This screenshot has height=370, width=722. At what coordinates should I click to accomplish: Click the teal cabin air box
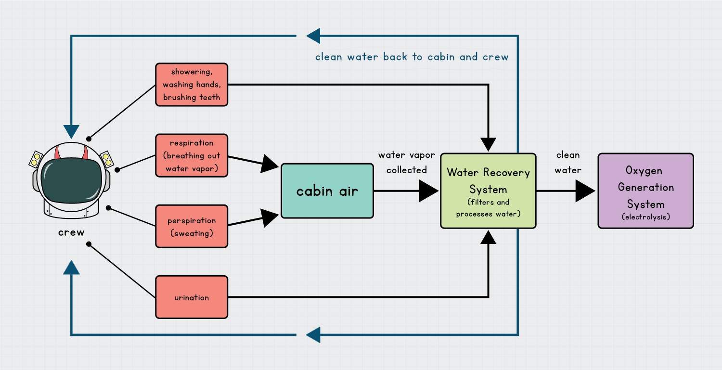[327, 191]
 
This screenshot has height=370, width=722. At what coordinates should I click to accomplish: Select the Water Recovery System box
[488, 191]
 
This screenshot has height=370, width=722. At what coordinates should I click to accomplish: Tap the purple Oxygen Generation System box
[645, 191]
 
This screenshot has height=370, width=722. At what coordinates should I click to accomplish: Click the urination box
[192, 297]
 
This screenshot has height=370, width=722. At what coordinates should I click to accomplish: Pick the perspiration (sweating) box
[192, 226]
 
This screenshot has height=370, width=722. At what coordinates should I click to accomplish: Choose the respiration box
[192, 155]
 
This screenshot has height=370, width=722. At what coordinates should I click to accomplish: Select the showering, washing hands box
[192, 85]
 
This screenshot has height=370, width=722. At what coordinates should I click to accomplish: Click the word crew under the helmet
[71, 232]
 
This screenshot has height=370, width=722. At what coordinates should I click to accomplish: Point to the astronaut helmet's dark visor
[71, 177]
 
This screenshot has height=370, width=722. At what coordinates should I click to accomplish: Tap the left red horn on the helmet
[59, 153]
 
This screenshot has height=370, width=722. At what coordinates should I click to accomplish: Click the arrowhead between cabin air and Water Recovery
[428, 191]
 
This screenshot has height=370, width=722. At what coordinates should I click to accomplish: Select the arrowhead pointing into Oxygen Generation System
[585, 191]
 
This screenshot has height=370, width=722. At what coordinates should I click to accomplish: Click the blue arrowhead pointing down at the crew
[71, 131]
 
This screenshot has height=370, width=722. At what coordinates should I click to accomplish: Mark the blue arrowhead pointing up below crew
[71, 268]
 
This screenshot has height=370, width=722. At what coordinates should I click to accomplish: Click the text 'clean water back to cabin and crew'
[412, 57]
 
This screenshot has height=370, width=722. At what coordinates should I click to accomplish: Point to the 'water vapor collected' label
[407, 163]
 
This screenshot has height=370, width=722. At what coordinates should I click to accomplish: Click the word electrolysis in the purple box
[645, 217]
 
